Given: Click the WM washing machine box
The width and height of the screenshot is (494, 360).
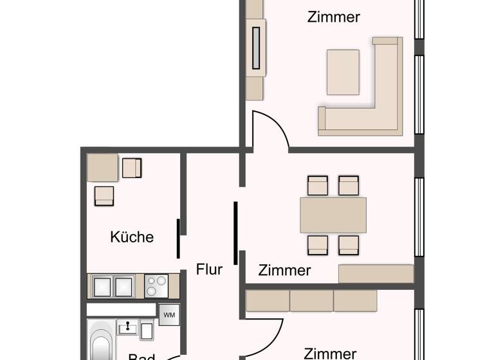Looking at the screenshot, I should (169, 315).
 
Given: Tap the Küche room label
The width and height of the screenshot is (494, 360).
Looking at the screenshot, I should (132, 237).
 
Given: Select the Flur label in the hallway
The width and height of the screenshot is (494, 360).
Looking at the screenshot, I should (210, 269).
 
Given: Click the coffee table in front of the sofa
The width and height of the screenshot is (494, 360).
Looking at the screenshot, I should (343, 72).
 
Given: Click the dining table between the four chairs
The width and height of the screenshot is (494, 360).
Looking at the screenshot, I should (333, 215).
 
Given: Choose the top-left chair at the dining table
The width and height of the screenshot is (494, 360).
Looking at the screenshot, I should (318, 186).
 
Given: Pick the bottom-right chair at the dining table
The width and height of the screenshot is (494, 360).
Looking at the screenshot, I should (349, 245).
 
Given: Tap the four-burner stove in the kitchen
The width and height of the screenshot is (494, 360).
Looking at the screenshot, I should (156, 285).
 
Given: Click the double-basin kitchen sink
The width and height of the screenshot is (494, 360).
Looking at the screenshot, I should (113, 285).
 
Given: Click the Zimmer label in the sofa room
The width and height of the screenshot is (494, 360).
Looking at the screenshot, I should (333, 17).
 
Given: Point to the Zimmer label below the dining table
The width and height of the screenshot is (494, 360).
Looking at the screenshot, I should (285, 270).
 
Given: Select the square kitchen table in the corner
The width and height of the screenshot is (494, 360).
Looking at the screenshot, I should (102, 168).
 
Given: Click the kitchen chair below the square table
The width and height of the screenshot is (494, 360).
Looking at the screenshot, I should (104, 195).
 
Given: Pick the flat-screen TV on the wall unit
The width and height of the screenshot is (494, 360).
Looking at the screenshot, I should (257, 46).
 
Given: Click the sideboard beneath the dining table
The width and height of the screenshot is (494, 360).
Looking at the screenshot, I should (376, 273).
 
